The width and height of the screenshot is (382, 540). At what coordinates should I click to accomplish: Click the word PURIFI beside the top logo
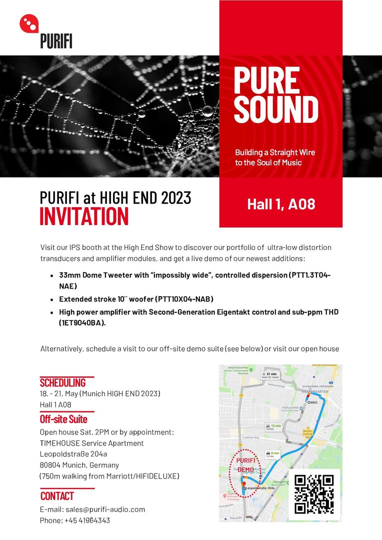[x=56, y=40]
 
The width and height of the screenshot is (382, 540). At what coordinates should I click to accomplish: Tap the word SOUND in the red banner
[x=276, y=109]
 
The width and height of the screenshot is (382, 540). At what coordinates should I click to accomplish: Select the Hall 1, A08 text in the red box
[x=281, y=204]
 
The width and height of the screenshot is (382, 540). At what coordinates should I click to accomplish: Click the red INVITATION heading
[x=84, y=216]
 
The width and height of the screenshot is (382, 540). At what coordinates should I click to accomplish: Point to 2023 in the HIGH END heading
[x=176, y=197]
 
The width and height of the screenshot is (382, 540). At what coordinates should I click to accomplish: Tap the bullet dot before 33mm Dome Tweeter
[x=52, y=275]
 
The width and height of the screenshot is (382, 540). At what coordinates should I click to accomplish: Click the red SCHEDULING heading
[x=63, y=383]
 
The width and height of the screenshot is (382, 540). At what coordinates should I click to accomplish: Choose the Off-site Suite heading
[x=63, y=419]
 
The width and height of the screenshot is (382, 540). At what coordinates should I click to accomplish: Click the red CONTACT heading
[x=57, y=496]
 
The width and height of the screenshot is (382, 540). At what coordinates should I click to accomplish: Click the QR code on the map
[x=313, y=494]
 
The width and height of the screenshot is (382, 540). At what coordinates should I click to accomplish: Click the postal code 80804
[x=51, y=465]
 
